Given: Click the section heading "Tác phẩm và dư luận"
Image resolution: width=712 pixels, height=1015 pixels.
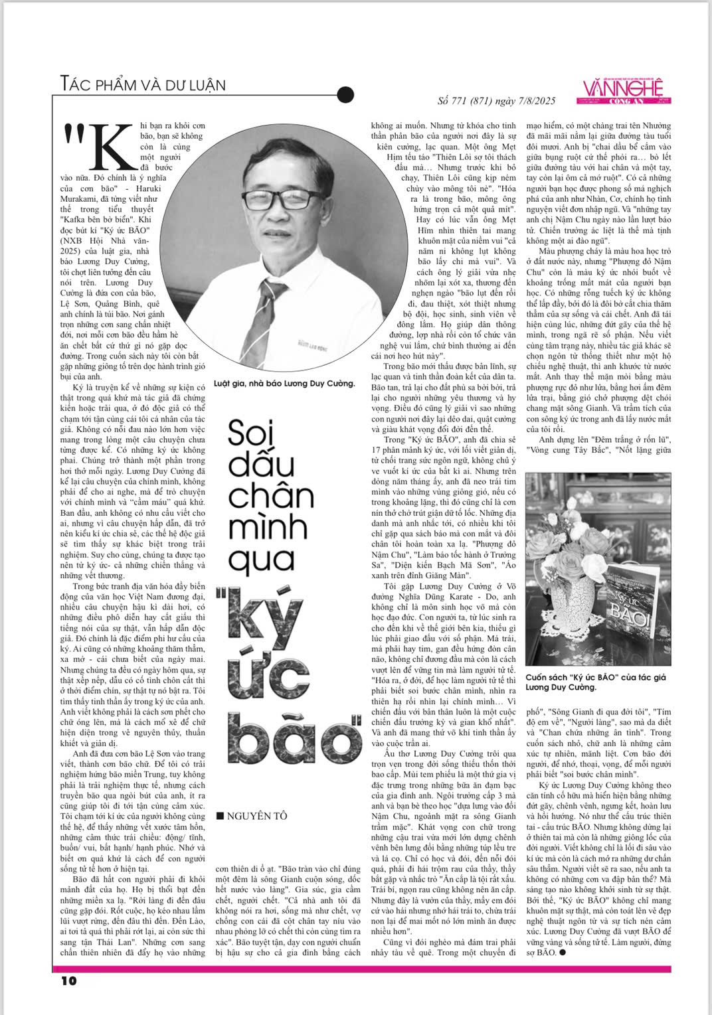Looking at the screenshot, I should click(142, 84).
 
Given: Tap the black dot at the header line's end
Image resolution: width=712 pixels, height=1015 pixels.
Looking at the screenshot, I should click(345, 96).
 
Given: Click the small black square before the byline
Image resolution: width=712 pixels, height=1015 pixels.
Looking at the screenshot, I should click(221, 816).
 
